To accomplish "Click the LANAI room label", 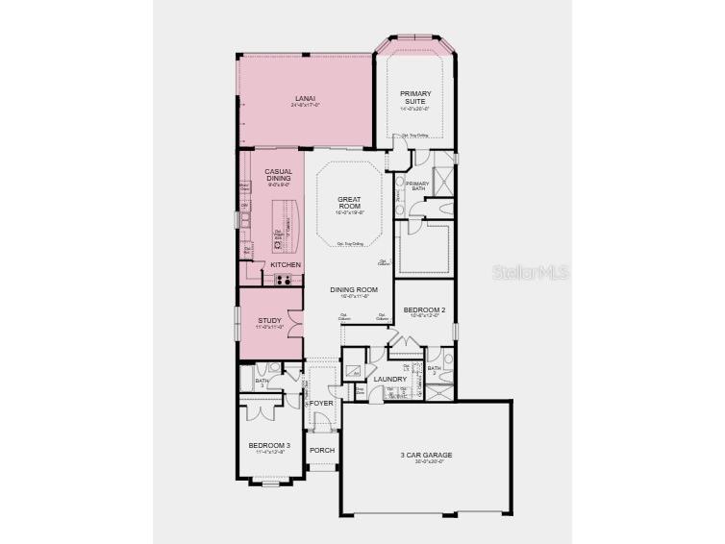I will (x=305, y=98).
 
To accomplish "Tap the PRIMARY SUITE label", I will (x=415, y=97).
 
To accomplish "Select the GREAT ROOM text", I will (x=348, y=203).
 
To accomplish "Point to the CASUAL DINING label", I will (x=279, y=175).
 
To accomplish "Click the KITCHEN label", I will (x=286, y=264).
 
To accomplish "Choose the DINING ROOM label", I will (x=353, y=289).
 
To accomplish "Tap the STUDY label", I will (x=270, y=321).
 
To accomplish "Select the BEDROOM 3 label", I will (x=269, y=445).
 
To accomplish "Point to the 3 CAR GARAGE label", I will (x=426, y=455).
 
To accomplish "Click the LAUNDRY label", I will (x=390, y=379).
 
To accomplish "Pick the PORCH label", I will (x=322, y=450).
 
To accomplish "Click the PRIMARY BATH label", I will (x=417, y=185).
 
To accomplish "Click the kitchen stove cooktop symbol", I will (x=284, y=280).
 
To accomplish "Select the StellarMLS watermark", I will (x=531, y=273).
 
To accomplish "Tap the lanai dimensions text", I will (x=305, y=106).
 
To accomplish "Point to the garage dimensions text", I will (x=426, y=462).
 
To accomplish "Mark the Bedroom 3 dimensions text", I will (x=269, y=452).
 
